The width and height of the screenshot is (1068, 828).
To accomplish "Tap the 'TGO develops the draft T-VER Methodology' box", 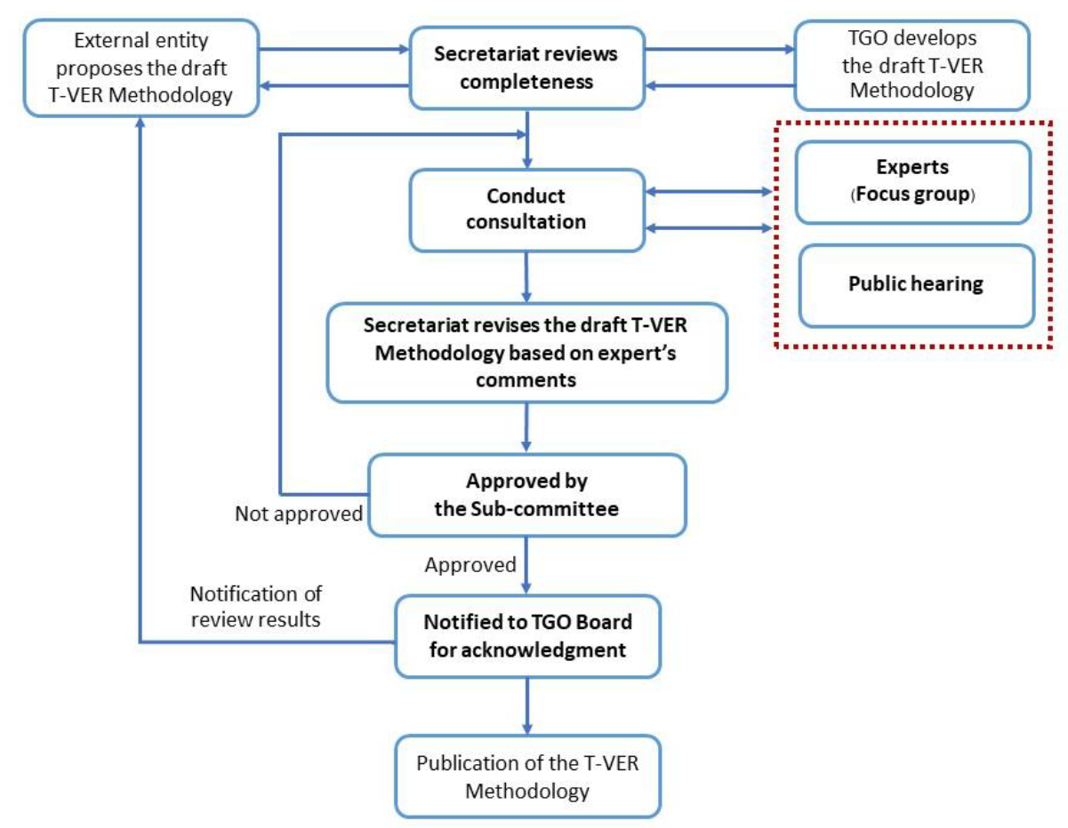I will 912,64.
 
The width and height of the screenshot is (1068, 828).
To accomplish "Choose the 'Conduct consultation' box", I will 526,209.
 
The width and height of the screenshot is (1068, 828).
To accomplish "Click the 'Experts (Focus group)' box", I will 912,181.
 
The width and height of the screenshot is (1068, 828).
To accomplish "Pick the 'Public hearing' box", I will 916,285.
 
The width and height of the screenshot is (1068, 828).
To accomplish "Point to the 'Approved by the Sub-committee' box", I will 527,495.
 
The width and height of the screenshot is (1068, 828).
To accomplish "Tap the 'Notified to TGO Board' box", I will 528,636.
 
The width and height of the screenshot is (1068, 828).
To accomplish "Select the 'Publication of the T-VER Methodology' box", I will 528,776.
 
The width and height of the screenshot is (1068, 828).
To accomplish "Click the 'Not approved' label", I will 299,514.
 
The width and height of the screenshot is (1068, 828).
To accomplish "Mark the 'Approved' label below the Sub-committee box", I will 470,564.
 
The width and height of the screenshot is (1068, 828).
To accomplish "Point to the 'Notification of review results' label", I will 255,606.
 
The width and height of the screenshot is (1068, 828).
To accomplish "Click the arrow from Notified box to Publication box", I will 529,705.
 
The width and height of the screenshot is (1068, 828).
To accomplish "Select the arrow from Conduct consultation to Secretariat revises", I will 528,276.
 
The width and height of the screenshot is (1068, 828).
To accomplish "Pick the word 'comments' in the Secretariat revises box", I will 527,379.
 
